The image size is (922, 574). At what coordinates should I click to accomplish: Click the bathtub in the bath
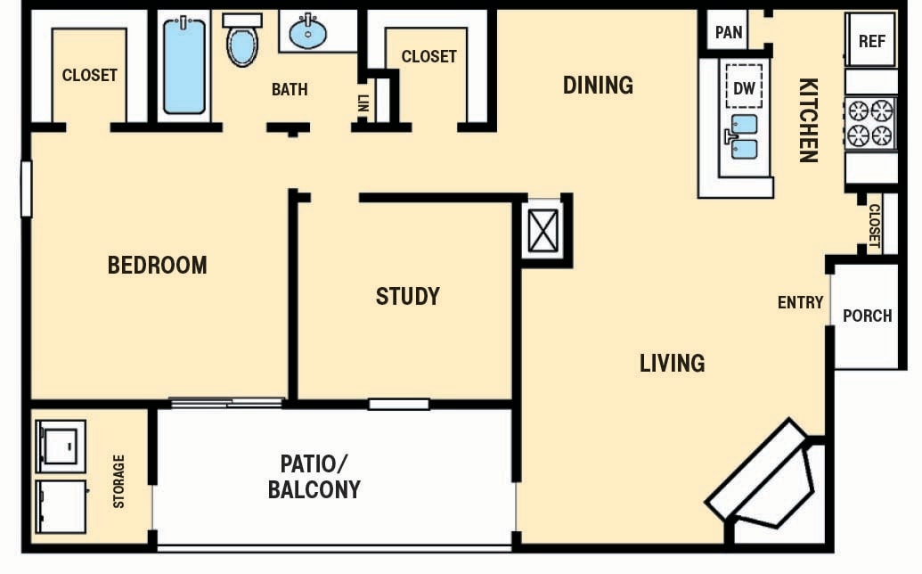pos(184,66)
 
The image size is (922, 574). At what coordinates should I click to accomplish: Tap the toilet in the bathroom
pos(241,42)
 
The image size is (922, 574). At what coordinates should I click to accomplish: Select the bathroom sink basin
pos(308,34)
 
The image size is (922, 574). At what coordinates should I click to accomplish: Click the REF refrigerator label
pos(870,40)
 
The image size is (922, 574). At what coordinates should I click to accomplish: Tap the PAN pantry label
pos(729,33)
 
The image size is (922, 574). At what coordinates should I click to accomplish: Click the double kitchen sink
pos(743,136)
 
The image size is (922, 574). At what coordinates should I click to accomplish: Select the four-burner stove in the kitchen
pos(869,123)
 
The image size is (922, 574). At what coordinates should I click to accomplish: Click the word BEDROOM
pos(157,265)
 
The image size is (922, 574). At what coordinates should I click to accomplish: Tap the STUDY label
pos(407,296)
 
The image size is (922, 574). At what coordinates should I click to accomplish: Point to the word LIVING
pos(672,363)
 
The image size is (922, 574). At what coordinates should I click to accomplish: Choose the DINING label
pos(598,86)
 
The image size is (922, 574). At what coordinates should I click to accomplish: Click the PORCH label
pos(867,316)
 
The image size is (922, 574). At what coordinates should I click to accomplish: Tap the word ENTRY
pos(800,303)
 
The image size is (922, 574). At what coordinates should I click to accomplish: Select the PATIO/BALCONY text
pos(314,476)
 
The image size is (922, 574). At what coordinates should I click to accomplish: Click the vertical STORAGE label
pos(119,481)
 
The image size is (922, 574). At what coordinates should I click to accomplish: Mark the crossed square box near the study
pos(542,231)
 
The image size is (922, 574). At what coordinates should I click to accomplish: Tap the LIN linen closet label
pos(363,102)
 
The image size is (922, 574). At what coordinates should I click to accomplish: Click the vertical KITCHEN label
pos(807,120)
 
